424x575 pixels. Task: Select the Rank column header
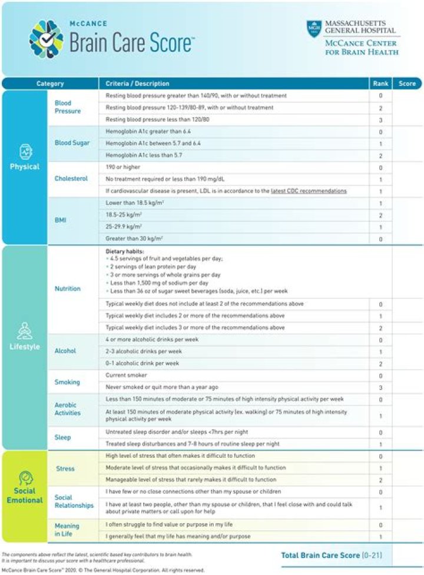click(x=380, y=84)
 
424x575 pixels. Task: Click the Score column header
click(x=407, y=84)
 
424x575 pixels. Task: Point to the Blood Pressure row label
click(x=68, y=107)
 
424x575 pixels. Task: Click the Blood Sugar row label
click(x=72, y=142)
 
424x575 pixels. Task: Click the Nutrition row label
click(x=68, y=289)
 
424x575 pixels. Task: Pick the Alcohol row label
click(x=65, y=351)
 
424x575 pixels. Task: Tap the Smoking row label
click(x=67, y=382)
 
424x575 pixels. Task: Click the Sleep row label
click(x=62, y=437)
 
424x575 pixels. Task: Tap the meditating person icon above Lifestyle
click(x=24, y=331)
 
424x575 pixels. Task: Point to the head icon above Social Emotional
click(x=25, y=477)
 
